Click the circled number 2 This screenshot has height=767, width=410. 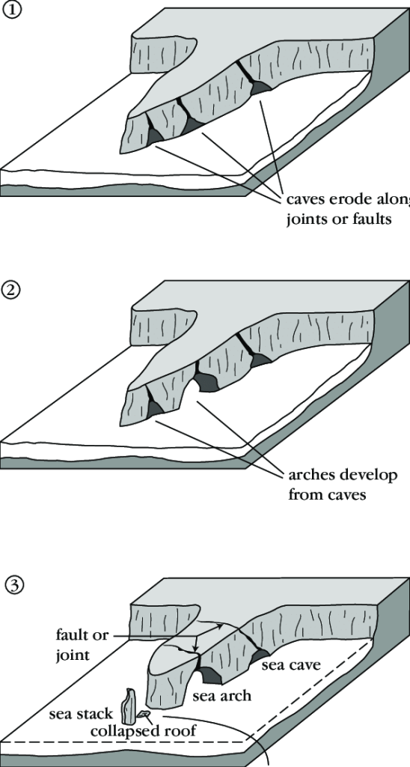coord(12,291)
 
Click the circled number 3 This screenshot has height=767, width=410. coord(13,585)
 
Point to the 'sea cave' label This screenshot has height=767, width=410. coord(291,665)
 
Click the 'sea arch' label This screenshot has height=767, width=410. coord(222,695)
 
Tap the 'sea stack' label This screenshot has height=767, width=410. coord(81,714)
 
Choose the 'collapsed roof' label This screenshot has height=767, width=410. coord(144,731)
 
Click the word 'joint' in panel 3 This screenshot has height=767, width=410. coord(73,655)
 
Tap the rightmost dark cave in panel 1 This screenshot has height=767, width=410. coord(260,87)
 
